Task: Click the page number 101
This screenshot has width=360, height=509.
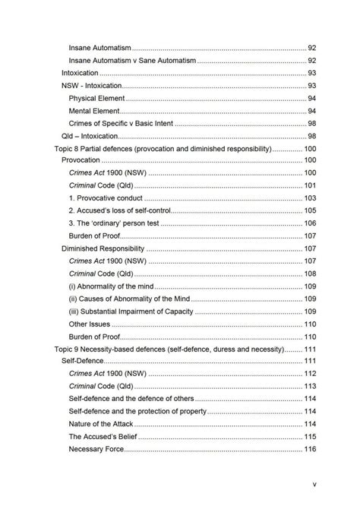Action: [x=310, y=186]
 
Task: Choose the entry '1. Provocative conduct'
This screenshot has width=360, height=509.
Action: [x=106, y=198]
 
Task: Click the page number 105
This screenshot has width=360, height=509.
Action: [x=310, y=211]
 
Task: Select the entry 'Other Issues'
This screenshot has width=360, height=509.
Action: [x=90, y=324]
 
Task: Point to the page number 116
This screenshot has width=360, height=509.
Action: [x=310, y=449]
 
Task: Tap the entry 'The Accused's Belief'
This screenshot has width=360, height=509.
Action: [x=103, y=437]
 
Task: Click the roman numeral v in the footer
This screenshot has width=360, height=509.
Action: [x=314, y=484]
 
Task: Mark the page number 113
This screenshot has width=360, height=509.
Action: [x=310, y=386]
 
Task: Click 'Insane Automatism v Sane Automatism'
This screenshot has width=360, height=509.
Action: [x=132, y=61]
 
